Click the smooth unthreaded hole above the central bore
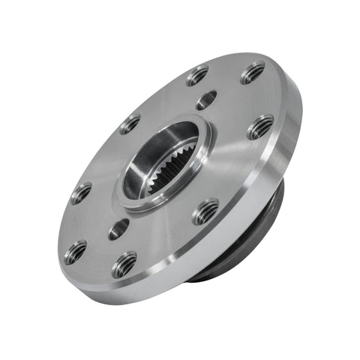click(206, 99)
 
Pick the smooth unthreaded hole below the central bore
click(118, 229)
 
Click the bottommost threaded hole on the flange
click(124, 264)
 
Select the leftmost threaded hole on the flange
click(75, 251)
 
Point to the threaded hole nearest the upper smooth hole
click(197, 75)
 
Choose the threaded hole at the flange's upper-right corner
click(253, 72)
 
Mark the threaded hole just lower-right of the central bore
click(205, 211)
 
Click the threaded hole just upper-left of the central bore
click(130, 124)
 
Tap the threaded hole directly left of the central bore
click(81, 193)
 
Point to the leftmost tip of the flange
click(58, 247)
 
